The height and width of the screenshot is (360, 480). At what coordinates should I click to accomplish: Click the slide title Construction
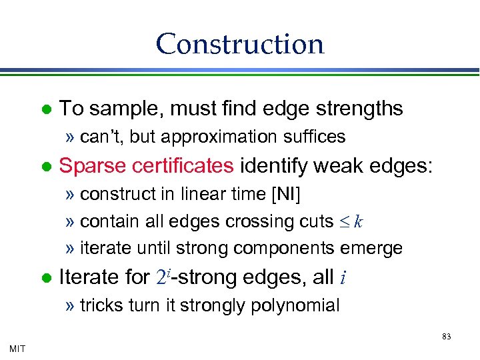tap(240, 44)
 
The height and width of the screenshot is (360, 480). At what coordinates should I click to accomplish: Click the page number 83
tap(446, 337)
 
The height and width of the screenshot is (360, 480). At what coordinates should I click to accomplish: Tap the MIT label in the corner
tap(17, 348)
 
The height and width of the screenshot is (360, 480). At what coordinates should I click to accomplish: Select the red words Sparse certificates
tap(146, 165)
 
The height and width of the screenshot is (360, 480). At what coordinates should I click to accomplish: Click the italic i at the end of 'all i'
tap(342, 277)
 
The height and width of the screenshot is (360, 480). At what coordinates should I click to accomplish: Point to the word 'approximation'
tap(216, 137)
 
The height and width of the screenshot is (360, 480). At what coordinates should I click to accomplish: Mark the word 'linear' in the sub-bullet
tap(198, 194)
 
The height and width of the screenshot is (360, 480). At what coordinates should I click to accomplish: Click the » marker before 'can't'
tap(70, 137)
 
